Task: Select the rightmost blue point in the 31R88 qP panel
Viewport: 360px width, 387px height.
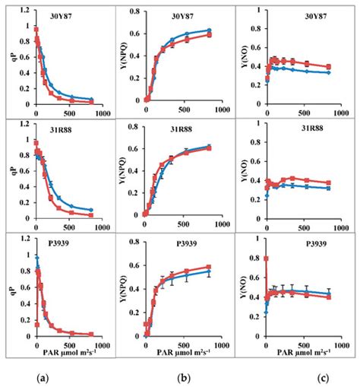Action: (x=91, y=210)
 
